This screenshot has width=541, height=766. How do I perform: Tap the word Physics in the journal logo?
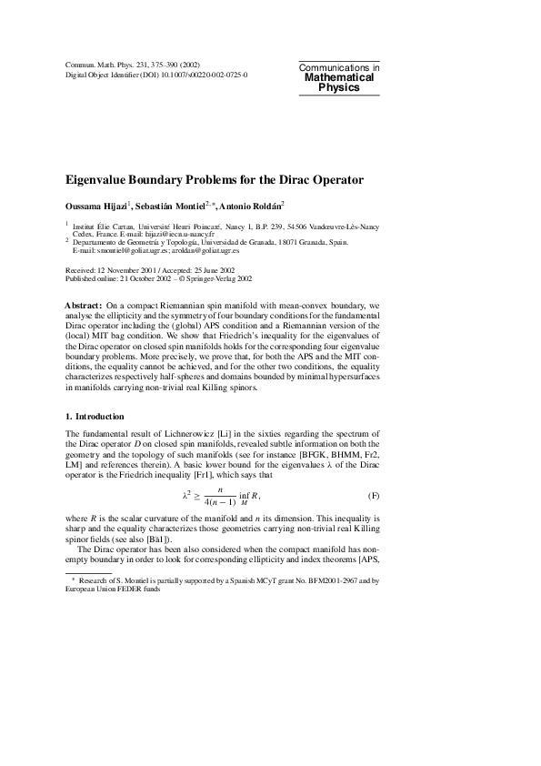(338, 88)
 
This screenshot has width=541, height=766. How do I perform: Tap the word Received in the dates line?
(81, 272)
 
